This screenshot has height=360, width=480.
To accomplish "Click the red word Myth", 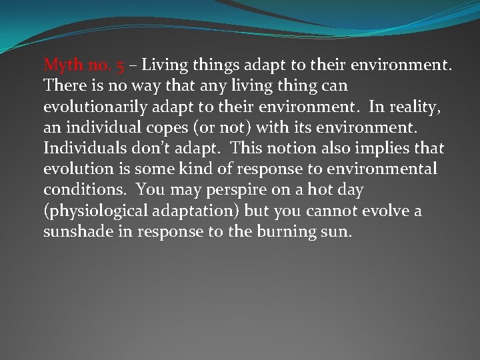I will click(x=61, y=65).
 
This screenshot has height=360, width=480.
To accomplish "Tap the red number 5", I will click(x=119, y=65).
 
